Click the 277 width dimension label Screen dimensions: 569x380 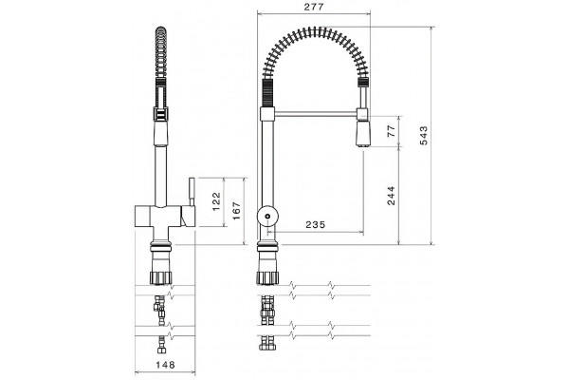[314, 7]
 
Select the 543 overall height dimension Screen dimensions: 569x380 [424, 135]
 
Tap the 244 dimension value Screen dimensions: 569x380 [391, 196]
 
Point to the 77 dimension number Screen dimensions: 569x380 [391, 131]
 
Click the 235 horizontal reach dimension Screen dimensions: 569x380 [316, 225]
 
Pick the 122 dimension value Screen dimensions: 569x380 [216, 201]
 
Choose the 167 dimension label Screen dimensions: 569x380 [236, 211]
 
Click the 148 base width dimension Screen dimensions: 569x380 [165, 365]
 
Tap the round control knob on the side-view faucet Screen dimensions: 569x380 [267, 217]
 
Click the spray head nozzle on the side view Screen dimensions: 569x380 [363, 133]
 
